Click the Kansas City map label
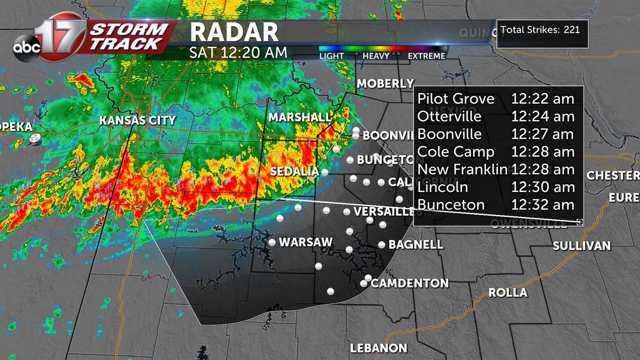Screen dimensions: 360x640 point(138,121)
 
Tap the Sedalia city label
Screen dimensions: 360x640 point(294,172)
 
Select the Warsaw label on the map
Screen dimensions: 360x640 point(306,242)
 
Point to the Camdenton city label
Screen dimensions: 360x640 point(410,283)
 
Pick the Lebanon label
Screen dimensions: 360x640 point(379,348)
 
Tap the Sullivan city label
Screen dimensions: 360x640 point(581,246)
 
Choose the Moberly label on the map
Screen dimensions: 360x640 point(385,84)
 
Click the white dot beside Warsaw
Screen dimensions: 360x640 point(272,242)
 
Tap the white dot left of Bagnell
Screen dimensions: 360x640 point(382,245)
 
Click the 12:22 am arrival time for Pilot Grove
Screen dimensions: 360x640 point(542,99)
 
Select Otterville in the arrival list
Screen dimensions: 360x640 point(449,116)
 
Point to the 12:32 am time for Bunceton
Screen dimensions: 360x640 point(542,205)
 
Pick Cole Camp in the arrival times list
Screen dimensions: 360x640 point(455,152)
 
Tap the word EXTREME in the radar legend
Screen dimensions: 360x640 point(426,56)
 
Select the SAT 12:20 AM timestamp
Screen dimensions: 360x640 point(238,53)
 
